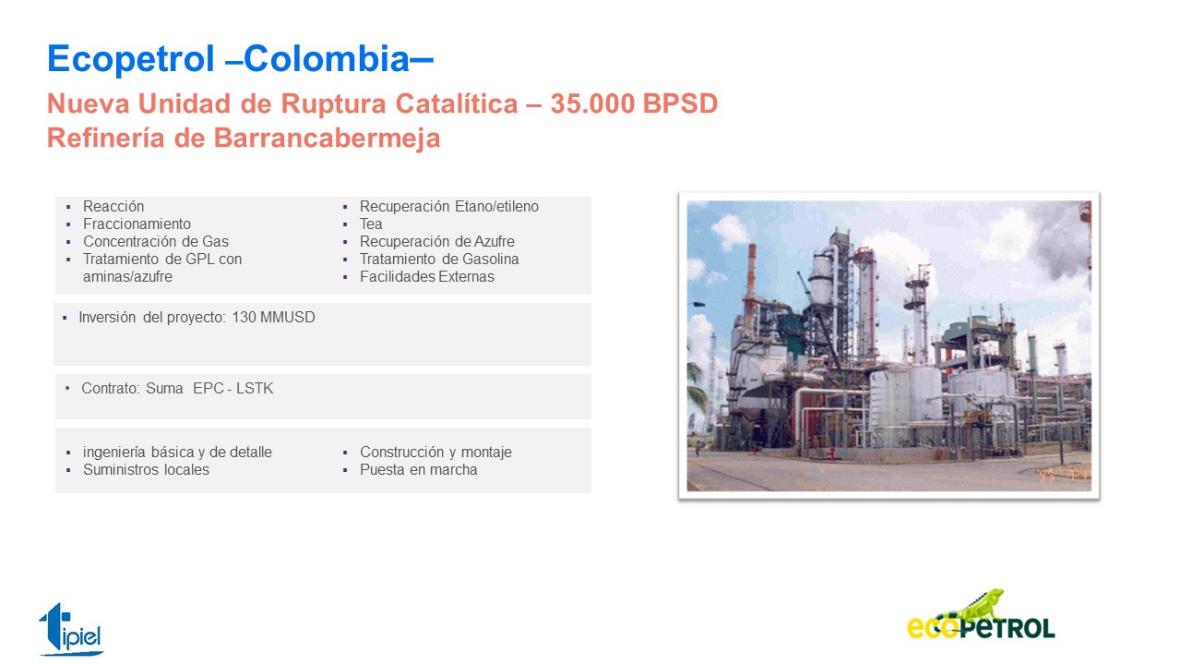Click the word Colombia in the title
pos(327,58)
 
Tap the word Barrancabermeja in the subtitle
pos(327,139)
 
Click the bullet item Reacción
pos(113,206)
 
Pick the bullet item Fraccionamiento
pos(137,224)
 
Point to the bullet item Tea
pos(371,224)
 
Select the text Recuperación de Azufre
pos(437,242)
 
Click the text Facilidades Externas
pos(427,276)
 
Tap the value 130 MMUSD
pos(273,317)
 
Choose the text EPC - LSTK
pos(233,389)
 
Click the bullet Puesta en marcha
pos(419,470)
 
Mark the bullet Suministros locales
pos(146,470)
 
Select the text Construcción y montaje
pos(436,453)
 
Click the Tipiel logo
pos(71,630)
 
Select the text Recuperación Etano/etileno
pos(449,206)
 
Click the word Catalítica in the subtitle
pos(457,103)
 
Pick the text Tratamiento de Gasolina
pos(439,260)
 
